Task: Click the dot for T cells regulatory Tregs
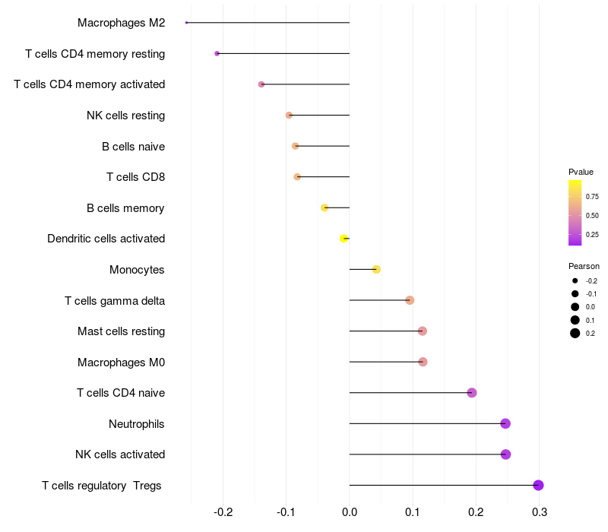click(x=538, y=485)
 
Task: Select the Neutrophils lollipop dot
click(x=505, y=423)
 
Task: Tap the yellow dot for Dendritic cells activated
click(x=344, y=239)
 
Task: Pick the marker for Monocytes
click(x=376, y=269)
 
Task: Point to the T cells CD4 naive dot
click(x=472, y=393)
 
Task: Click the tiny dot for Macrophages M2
click(x=186, y=23)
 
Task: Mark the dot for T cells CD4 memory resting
click(x=217, y=53)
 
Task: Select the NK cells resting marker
click(x=289, y=115)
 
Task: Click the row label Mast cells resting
click(x=121, y=331)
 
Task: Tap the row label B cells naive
click(x=133, y=146)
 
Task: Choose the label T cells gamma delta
click(x=115, y=300)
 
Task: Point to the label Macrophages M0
click(x=121, y=362)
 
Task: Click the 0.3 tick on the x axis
click(x=539, y=511)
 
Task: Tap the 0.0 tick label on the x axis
click(x=350, y=511)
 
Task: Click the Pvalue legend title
click(x=581, y=172)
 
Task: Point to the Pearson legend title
click(x=584, y=266)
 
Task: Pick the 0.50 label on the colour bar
click(x=592, y=216)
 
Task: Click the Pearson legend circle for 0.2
click(x=575, y=333)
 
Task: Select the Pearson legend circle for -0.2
click(x=575, y=281)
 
